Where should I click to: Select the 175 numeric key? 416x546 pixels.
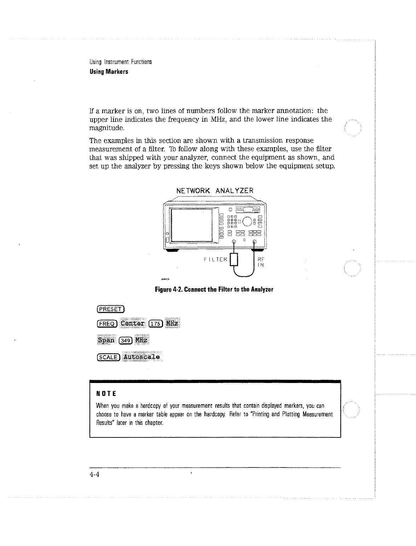(x=156, y=324)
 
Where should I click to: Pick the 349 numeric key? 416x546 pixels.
(x=126, y=341)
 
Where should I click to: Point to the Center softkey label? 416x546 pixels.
(x=133, y=324)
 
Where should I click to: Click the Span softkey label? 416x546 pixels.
(x=106, y=340)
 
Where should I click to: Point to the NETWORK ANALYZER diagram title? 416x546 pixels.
(x=215, y=191)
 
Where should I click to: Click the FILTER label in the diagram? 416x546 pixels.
(x=216, y=259)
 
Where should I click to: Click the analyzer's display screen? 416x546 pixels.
(x=191, y=225)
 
